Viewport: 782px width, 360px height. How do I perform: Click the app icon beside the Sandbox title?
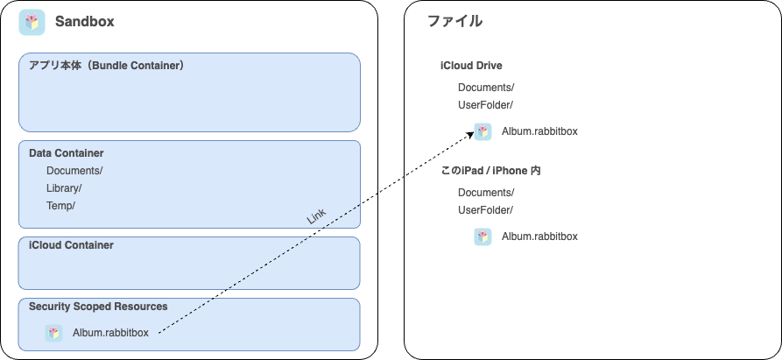click(32, 23)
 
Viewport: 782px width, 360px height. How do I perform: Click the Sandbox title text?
click(85, 22)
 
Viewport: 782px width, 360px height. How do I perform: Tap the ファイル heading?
click(454, 21)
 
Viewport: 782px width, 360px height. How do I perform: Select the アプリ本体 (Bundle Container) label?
click(107, 66)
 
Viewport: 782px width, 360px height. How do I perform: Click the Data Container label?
click(67, 153)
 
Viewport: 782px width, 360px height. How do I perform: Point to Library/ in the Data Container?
click(64, 188)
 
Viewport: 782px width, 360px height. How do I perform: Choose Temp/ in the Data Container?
click(60, 206)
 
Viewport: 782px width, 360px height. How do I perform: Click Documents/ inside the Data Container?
click(74, 171)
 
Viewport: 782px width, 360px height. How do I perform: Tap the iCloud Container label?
click(71, 245)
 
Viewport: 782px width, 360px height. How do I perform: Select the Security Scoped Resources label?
click(98, 307)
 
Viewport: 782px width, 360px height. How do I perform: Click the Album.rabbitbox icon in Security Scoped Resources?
click(54, 333)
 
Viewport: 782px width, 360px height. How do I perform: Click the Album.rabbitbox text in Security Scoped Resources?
click(110, 333)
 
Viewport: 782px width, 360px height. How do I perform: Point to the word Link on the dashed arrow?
click(316, 216)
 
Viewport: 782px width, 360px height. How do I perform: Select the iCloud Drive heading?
click(471, 66)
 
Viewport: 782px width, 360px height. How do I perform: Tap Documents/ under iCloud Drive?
click(486, 88)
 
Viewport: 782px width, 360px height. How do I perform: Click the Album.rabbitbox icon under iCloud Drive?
click(483, 131)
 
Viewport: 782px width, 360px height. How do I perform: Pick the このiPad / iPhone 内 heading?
click(491, 171)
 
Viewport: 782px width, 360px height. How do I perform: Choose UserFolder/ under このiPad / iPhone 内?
click(486, 210)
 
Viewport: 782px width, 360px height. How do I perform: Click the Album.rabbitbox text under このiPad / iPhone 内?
click(539, 236)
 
